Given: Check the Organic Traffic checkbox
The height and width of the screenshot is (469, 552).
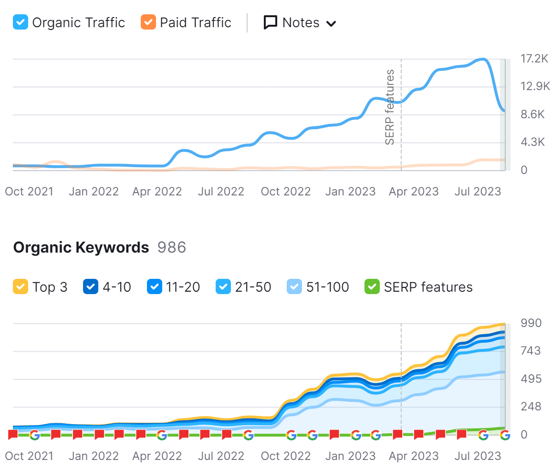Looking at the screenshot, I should coord(21,22).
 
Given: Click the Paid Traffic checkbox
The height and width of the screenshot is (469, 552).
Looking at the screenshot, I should coord(148,22).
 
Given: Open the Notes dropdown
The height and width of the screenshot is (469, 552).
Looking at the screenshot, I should coord(300,23).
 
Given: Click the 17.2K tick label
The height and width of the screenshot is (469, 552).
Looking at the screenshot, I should coord(535,59).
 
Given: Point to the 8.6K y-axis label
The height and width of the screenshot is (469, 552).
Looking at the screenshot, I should coord(532,114).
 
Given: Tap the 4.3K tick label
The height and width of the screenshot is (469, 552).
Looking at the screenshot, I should coord(532,142).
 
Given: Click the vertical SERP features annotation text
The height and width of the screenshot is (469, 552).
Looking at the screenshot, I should coord(390,107).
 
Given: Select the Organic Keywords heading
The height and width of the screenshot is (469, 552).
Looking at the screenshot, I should coord(81,247).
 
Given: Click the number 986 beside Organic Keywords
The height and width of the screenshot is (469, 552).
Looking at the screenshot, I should coord(172,247).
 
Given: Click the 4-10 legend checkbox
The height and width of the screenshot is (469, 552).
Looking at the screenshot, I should coord(91,287).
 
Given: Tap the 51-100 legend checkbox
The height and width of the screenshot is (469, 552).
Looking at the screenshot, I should coord(294,287).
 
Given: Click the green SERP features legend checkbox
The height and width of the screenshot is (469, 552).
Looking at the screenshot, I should coord(372,287).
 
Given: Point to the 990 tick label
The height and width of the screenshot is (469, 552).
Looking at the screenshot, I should coord(531,323).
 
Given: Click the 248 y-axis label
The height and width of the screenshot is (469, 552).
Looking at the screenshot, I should coord(531,407).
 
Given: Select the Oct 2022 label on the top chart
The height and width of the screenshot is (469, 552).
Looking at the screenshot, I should coord(286,192).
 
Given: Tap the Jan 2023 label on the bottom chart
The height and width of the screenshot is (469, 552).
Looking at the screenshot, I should coord(350,456).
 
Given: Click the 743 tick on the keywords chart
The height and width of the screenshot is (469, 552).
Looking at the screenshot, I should coord(531,351).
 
